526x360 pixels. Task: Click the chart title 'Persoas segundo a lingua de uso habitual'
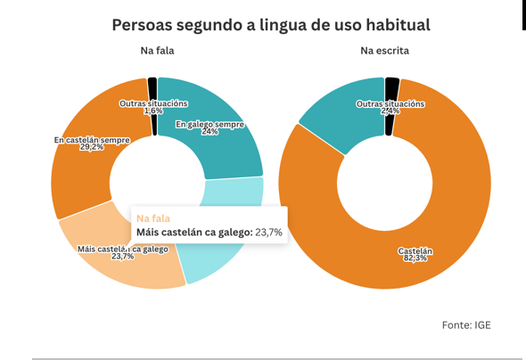pos(271,24)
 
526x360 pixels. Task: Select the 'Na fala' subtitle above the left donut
pos(157,51)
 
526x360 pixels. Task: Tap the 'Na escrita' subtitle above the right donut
pos(384,51)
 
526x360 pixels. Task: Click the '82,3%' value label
pos(415,259)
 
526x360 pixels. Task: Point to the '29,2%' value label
pos(92,147)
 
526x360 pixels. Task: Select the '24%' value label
pos(210,132)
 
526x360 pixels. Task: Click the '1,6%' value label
pos(152,111)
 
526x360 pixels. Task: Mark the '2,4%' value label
pos(390,111)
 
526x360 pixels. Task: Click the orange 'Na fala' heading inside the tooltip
pos(153,217)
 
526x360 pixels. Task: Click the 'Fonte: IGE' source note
pos(466,325)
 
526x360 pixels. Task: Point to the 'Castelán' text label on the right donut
pos(415,251)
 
